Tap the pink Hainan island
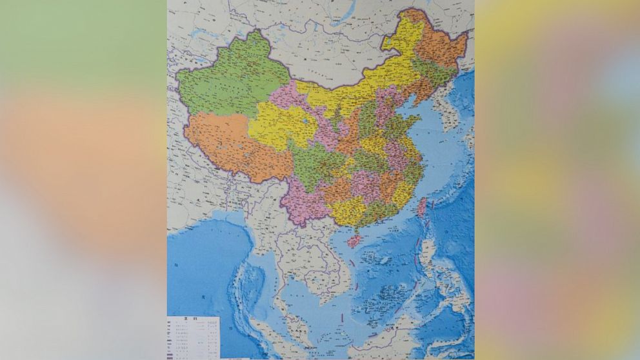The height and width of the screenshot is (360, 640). coord(354,241)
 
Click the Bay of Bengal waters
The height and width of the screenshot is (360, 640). coord(206,258)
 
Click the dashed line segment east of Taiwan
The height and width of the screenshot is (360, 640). coord(434,206)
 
